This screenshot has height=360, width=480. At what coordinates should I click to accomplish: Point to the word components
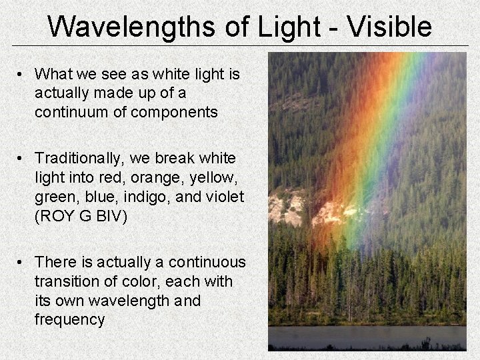pos(174,112)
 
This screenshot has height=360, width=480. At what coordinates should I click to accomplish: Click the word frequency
pos(69,319)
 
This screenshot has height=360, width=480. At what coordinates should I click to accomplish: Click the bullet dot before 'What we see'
pos(22,74)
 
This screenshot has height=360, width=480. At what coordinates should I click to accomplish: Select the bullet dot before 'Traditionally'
pos(22,159)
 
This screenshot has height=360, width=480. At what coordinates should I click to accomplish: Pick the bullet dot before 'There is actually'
pos(22,263)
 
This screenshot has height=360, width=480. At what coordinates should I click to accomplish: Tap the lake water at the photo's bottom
pos(367,336)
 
